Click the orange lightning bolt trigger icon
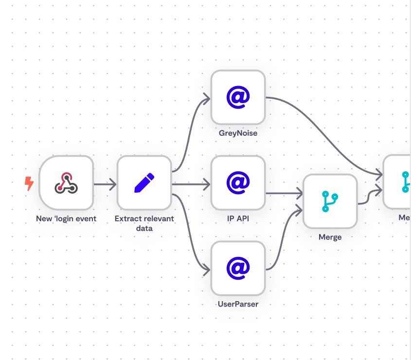[29, 183]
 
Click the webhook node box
[66, 183]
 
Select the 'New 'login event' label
[66, 218]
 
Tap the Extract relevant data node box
[144, 183]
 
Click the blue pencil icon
[144, 183]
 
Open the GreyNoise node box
[238, 97]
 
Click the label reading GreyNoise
[238, 133]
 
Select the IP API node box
[238, 183]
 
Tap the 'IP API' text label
[238, 218]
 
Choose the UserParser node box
[238, 268]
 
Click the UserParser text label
[238, 304]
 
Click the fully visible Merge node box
[330, 201]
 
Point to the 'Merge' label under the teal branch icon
[330, 237]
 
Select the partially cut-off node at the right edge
[398, 182]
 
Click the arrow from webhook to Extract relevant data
[105, 184]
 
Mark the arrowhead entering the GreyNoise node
[206, 99]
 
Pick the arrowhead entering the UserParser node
[206, 270]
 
